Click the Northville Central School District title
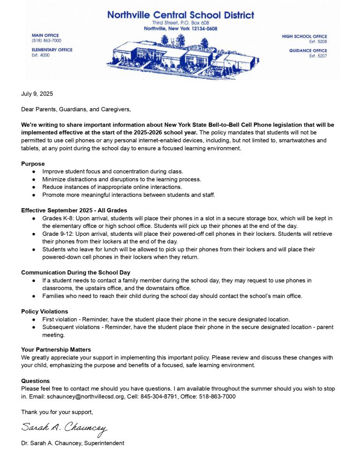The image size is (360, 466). click(x=180, y=15)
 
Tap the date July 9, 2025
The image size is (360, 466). click(x=37, y=94)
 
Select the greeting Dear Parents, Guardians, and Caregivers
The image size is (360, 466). click(x=76, y=110)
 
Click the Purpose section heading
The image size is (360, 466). click(x=33, y=164)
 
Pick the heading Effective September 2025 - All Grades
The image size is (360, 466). click(x=74, y=210)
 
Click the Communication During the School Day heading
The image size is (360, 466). click(x=75, y=272)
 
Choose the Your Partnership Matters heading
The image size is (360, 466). click(x=56, y=349)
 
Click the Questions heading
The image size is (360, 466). click(x=35, y=381)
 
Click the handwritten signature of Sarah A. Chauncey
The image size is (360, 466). click(x=64, y=428)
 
